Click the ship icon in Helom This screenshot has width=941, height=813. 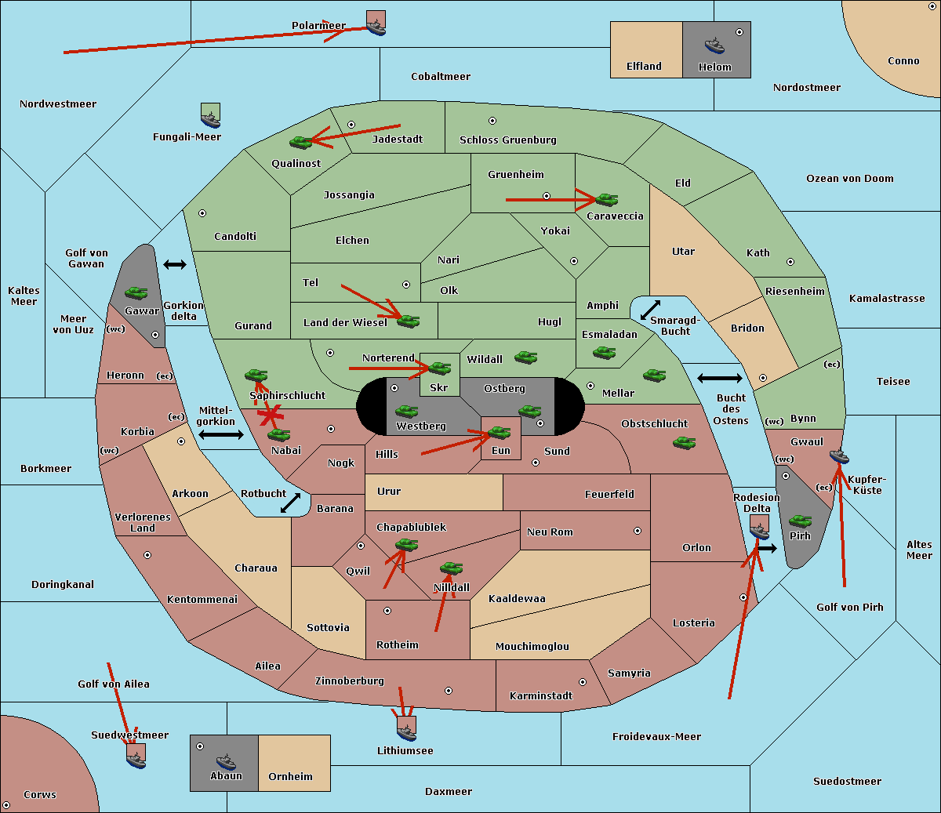pyautogui.click(x=714, y=45)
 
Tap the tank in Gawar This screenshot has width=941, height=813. pyautogui.click(x=136, y=292)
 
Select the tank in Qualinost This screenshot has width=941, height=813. pyautogui.click(x=301, y=143)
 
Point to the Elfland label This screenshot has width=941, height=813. pyautogui.click(x=644, y=67)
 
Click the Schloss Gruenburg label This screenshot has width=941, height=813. pyautogui.click(x=508, y=140)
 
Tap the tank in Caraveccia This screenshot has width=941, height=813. pyautogui.click(x=607, y=199)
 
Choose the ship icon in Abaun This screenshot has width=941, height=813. pyautogui.click(x=227, y=762)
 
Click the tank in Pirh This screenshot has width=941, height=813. pyautogui.click(x=800, y=521)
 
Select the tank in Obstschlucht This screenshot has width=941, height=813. pyautogui.click(x=685, y=442)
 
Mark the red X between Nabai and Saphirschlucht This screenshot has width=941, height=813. pyautogui.click(x=271, y=416)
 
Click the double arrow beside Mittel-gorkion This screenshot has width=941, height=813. pyautogui.click(x=221, y=434)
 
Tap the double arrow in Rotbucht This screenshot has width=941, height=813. pyautogui.click(x=290, y=503)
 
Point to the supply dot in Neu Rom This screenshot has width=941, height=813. pyautogui.click(x=638, y=531)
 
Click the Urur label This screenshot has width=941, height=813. pyautogui.click(x=389, y=491)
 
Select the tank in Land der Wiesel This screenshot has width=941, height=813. pyautogui.click(x=408, y=321)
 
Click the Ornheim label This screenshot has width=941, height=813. pyautogui.click(x=290, y=777)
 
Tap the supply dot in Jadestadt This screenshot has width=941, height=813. pyautogui.click(x=351, y=125)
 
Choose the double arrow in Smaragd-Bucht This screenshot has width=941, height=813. pyautogui.click(x=650, y=310)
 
